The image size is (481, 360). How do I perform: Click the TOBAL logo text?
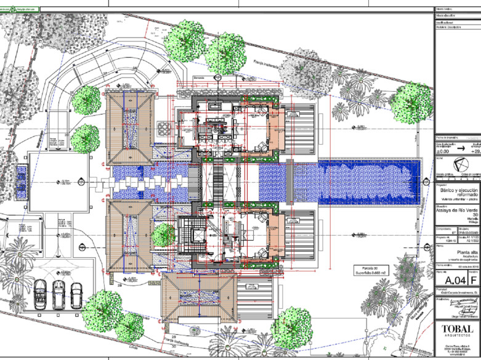(x=456, y=329)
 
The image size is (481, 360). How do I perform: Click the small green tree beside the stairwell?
(x=163, y=235)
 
